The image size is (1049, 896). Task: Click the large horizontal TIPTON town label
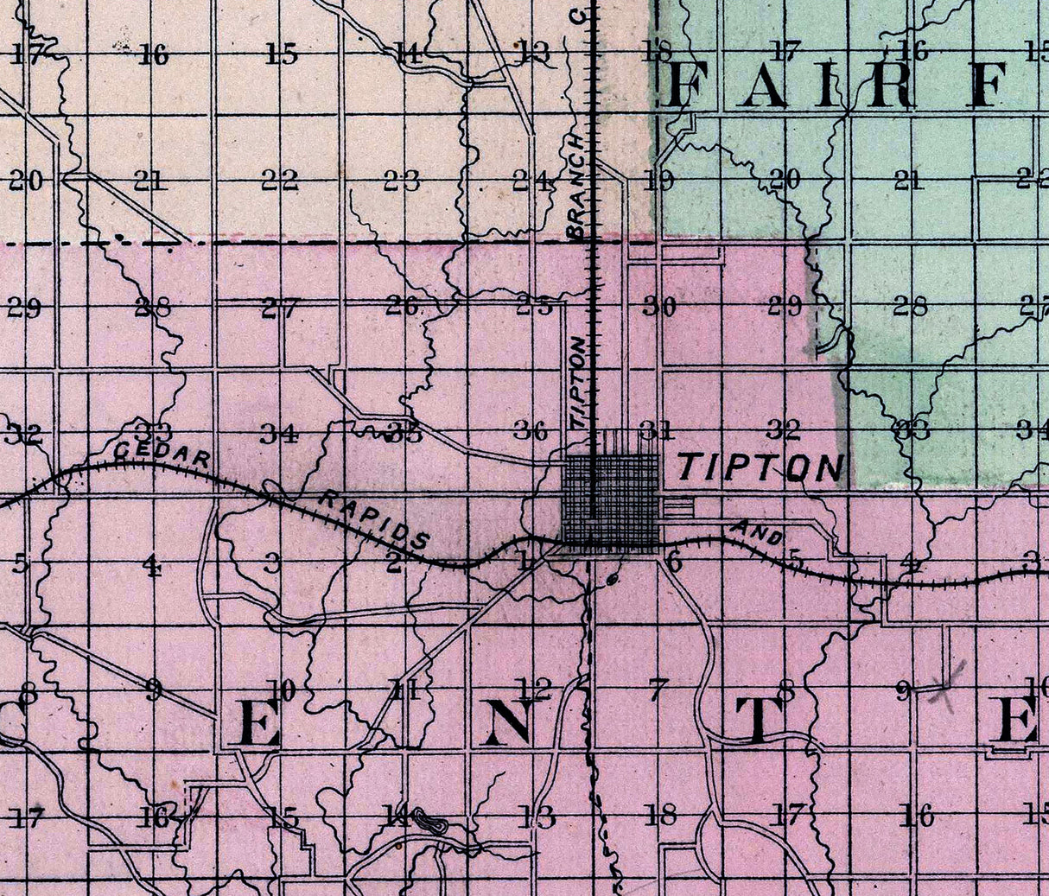tap(760, 467)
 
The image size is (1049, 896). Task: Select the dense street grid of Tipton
tap(610, 500)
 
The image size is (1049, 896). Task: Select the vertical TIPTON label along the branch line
tap(580, 379)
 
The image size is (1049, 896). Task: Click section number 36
tap(531, 430)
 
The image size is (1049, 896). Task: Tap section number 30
tap(658, 306)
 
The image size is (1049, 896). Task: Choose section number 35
tap(404, 433)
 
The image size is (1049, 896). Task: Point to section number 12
tap(534, 689)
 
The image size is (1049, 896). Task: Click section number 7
tap(659, 689)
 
